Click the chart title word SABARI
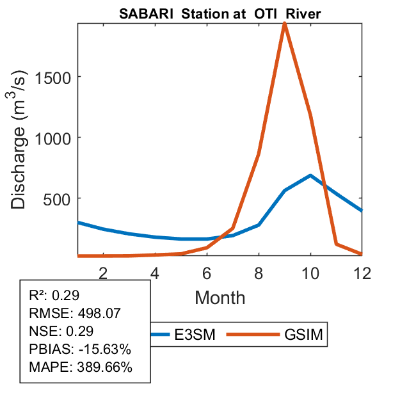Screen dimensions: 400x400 click(141, 15)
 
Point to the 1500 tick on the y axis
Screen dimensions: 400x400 click(57, 77)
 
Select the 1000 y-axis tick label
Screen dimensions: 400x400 click(57, 138)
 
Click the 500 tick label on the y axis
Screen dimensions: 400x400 click(61, 198)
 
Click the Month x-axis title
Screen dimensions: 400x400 click(220, 297)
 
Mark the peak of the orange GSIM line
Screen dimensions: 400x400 click(284, 24)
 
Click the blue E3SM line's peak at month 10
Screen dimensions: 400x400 click(310, 175)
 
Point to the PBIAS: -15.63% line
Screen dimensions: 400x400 click(80, 349)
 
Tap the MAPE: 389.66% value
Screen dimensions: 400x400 click(81, 367)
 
